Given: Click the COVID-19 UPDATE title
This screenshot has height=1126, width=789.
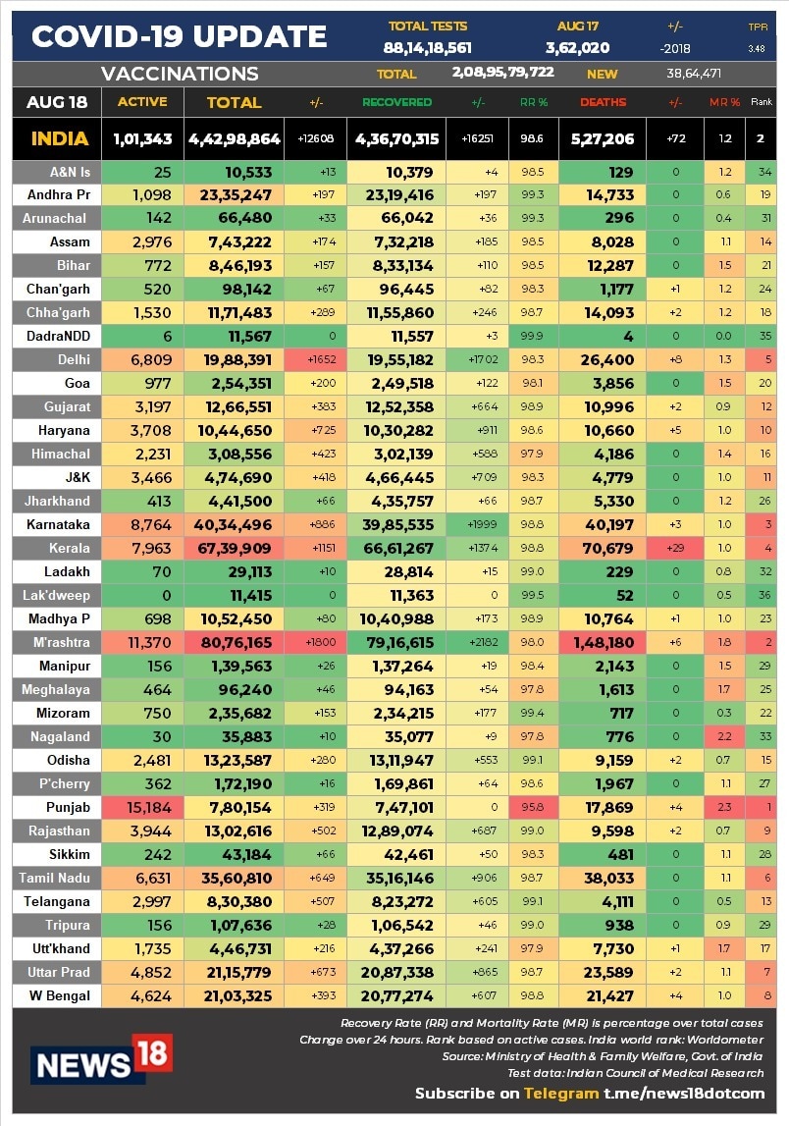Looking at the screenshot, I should (x=179, y=37).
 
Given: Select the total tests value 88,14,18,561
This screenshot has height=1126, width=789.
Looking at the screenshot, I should (x=427, y=47).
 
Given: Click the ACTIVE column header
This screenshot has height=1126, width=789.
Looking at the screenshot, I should (x=142, y=102).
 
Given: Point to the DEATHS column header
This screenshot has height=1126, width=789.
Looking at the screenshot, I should (x=603, y=102).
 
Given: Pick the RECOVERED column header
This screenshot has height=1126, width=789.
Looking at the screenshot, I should (x=396, y=102).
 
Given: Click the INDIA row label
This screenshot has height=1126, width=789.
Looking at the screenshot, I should (x=59, y=139).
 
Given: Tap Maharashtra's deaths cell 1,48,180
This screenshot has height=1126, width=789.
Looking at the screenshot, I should (x=602, y=642).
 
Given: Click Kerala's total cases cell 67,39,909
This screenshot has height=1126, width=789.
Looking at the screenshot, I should (x=234, y=548).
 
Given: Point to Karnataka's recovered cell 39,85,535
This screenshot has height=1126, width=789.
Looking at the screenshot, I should (x=396, y=524).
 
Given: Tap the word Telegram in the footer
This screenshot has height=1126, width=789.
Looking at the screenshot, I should (x=560, y=1094).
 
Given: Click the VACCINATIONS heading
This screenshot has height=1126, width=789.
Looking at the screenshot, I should (x=180, y=74).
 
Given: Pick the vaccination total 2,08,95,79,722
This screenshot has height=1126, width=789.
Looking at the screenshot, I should (x=502, y=73).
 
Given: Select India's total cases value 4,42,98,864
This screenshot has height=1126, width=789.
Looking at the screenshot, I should (x=234, y=139).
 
